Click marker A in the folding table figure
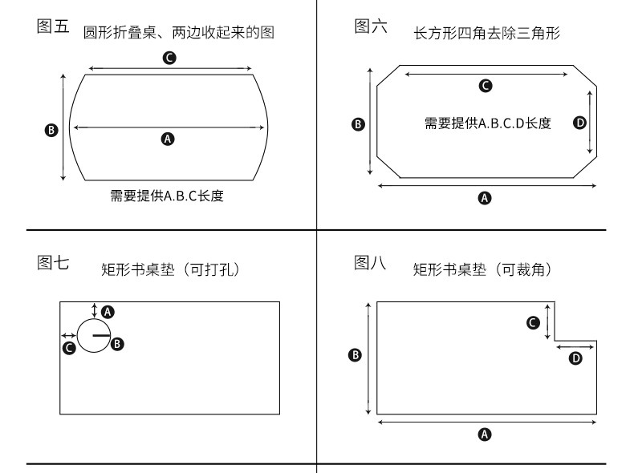[x=168, y=139]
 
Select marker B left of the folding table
[x=51, y=129]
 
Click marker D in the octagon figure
[x=580, y=122]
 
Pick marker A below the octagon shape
[x=485, y=197]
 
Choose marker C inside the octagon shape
[x=485, y=85]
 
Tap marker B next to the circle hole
[x=117, y=344]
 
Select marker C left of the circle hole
[x=69, y=347]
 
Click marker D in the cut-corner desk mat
[x=575, y=358]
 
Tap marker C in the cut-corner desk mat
[x=532, y=322]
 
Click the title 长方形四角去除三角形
[x=486, y=34]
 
